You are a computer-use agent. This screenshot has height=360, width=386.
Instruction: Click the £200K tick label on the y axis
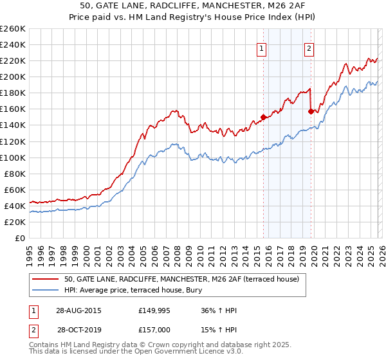click(x=12, y=76)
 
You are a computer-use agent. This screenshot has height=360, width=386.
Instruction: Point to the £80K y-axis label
click(x=14, y=174)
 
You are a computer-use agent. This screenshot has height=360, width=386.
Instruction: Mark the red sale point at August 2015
click(x=263, y=117)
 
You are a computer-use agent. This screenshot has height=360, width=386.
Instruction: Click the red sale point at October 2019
click(x=311, y=111)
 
